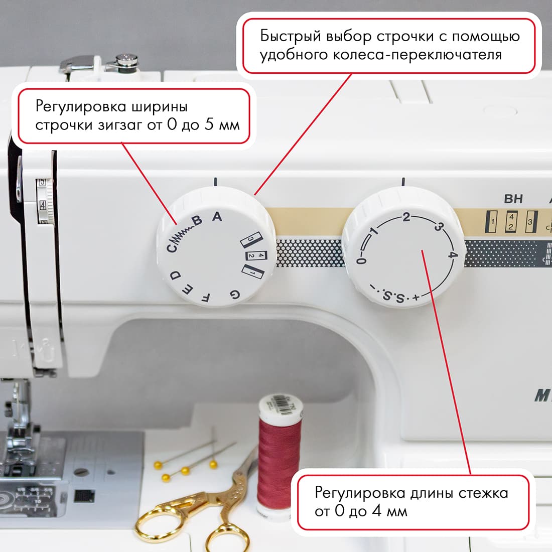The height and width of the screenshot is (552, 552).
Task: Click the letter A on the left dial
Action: click(217, 217)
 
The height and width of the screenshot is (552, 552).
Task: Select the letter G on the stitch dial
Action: click(234, 294)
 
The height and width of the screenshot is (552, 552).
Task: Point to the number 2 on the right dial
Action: click(406, 217)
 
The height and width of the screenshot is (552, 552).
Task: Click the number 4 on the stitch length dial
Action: click(453, 255)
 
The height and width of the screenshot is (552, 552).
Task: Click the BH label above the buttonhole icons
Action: click(513, 199)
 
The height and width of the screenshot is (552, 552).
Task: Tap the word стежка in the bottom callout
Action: click(483, 493)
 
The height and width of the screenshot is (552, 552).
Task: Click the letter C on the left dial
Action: click(172, 246)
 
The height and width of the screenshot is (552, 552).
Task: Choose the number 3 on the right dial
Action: click(438, 227)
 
